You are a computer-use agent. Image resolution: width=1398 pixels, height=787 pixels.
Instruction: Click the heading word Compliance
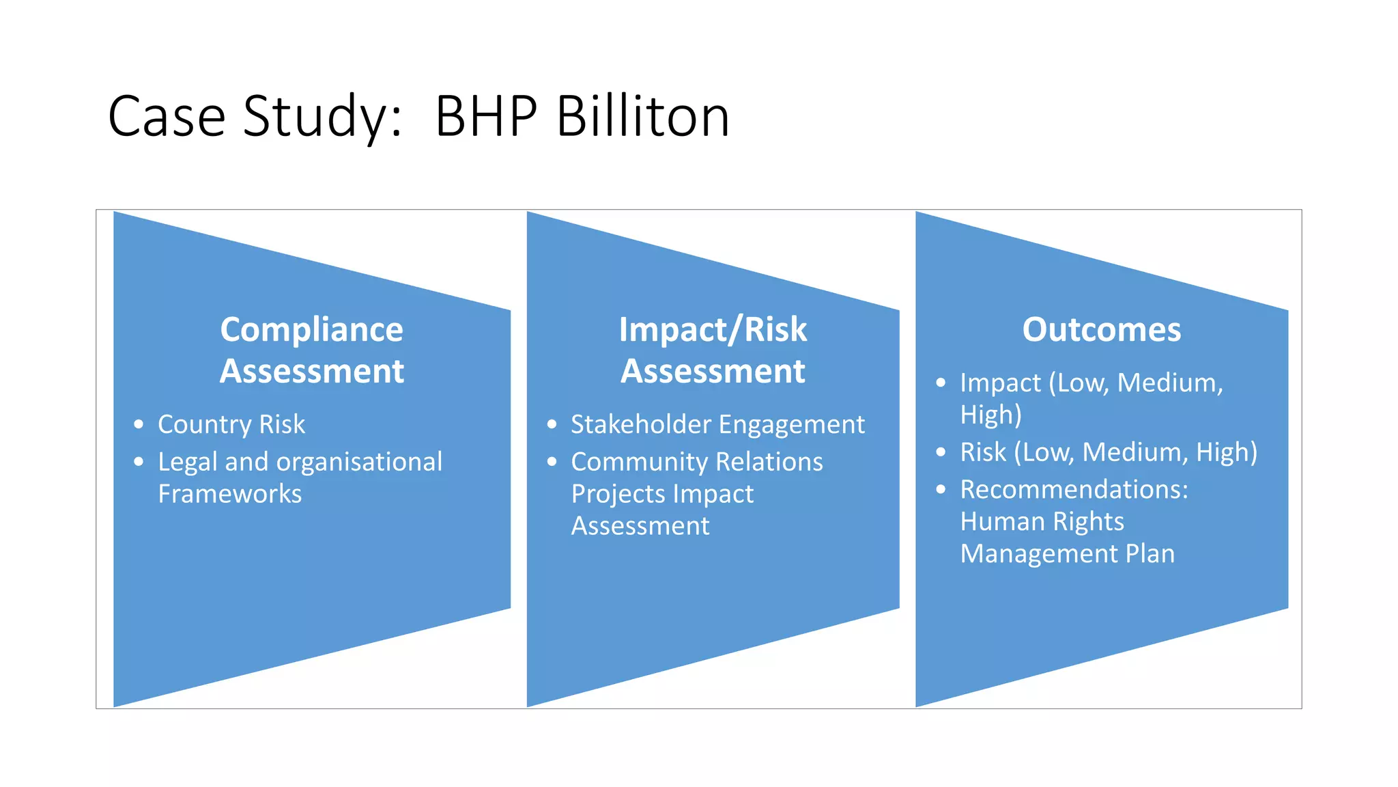click(x=311, y=329)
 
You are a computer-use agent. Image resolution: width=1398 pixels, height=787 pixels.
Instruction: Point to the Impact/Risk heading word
click(x=713, y=329)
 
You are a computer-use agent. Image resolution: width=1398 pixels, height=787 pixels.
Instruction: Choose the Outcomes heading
click(x=1101, y=329)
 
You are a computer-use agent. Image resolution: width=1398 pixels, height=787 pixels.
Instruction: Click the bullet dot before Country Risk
click(x=139, y=424)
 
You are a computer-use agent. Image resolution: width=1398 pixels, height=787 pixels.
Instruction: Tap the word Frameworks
click(x=229, y=494)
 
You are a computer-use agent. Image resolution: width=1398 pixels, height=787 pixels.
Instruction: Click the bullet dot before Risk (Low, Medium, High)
click(x=941, y=452)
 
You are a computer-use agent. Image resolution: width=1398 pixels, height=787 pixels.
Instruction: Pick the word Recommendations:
click(x=1074, y=489)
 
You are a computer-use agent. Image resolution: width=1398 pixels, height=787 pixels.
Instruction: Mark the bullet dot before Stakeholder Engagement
click(x=552, y=424)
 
